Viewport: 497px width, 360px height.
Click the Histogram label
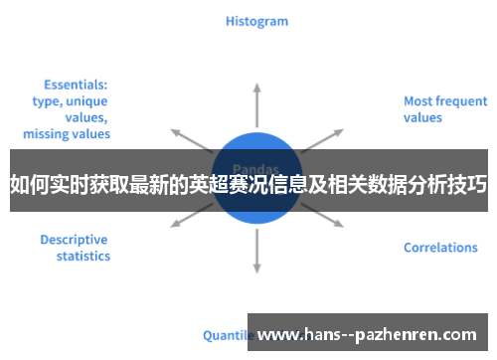(256, 21)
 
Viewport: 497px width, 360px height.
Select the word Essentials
(76, 85)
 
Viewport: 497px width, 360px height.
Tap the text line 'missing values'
(67, 133)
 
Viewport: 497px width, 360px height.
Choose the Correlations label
(440, 248)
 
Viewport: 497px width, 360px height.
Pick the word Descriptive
(74, 240)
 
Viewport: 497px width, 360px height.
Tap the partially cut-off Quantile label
(226, 335)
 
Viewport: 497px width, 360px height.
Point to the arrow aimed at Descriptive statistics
(191, 222)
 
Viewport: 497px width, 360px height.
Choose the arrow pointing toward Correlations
(323, 221)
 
